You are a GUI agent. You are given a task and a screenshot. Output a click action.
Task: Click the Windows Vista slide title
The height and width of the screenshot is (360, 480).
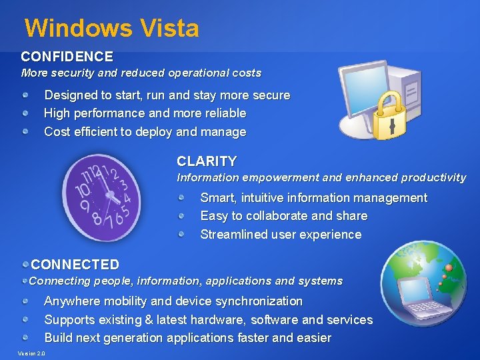coord(111,28)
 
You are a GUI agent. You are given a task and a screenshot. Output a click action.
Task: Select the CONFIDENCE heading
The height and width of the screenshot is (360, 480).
coord(67,57)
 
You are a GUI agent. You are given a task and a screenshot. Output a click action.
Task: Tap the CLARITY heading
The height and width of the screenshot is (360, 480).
coord(207,161)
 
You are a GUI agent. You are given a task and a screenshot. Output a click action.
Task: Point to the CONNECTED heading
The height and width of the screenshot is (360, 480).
coord(75,265)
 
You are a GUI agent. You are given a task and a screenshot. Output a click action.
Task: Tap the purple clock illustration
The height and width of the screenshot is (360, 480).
coord(101,197)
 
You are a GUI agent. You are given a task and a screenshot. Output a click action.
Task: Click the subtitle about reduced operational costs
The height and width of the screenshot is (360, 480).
coord(141,73)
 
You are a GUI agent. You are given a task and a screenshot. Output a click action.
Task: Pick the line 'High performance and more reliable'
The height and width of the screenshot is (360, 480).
coord(145,113)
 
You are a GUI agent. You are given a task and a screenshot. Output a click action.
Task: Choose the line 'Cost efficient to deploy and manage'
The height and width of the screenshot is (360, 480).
coord(145,132)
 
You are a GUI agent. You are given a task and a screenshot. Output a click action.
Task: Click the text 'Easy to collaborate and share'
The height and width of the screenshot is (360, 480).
coord(283,216)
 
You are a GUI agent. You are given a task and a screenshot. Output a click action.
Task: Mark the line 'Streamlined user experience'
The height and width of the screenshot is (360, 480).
coord(281,235)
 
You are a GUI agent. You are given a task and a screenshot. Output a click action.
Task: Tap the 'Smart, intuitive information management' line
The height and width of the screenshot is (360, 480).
coord(313,198)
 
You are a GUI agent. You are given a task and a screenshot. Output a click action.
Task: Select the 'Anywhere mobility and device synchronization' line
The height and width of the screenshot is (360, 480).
coord(173,301)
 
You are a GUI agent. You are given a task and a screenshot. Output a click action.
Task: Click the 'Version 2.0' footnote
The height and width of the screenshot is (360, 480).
coord(31,353)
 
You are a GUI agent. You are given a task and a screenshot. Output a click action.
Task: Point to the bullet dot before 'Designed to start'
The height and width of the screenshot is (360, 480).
coord(25,95)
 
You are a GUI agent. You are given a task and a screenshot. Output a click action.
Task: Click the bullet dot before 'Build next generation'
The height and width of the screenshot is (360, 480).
coord(25,338)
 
